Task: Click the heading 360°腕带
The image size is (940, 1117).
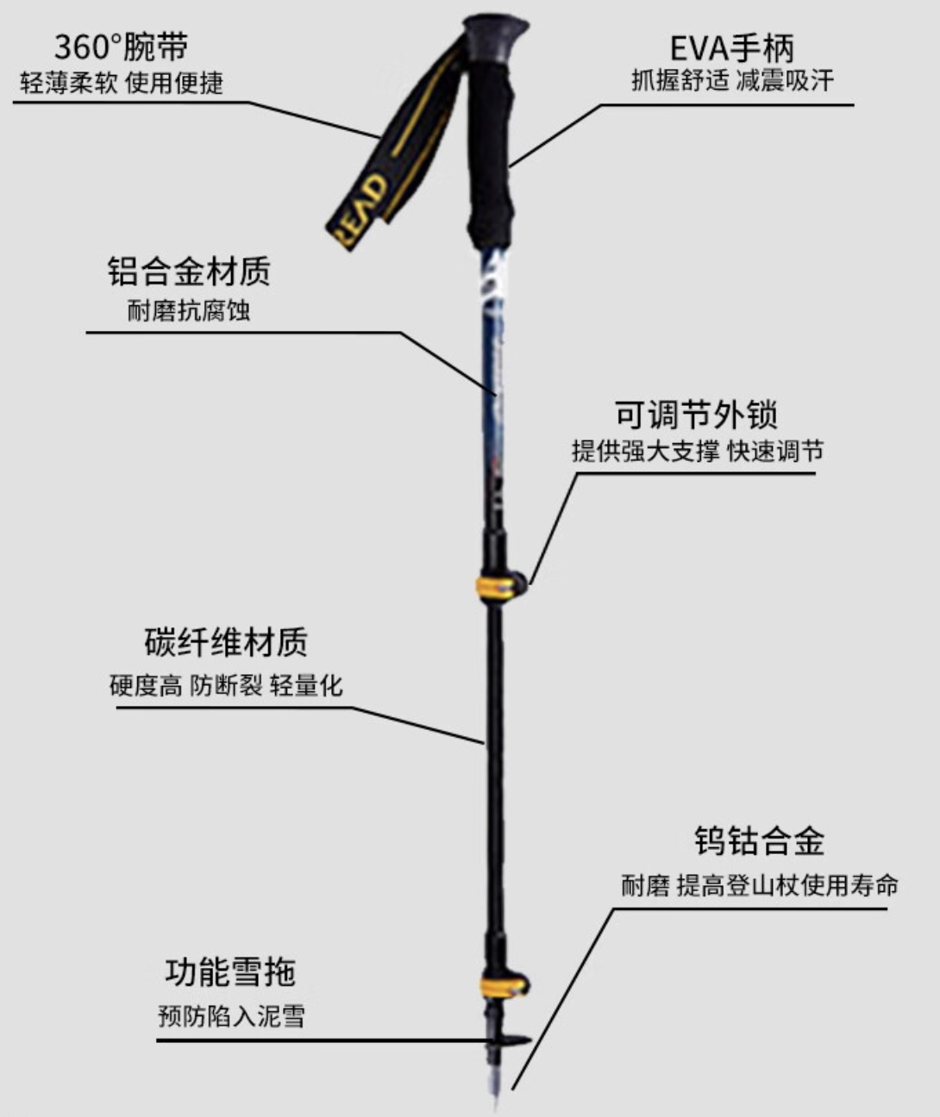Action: pyautogui.click(x=121, y=47)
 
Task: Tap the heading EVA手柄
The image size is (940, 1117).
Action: pyautogui.click(x=731, y=47)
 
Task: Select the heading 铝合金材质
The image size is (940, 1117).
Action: pyautogui.click(x=189, y=271)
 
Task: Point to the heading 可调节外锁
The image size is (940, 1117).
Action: pyautogui.click(x=696, y=414)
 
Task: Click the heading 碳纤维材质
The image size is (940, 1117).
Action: pyautogui.click(x=226, y=642)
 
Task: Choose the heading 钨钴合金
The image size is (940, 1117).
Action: pyautogui.click(x=759, y=841)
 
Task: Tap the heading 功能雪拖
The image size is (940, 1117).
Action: pyautogui.click(x=230, y=972)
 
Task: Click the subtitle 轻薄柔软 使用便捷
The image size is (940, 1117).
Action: pyautogui.click(x=122, y=84)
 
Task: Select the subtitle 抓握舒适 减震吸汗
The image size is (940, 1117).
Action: pyautogui.click(x=732, y=81)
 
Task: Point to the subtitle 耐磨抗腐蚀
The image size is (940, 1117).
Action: pyautogui.click(x=189, y=310)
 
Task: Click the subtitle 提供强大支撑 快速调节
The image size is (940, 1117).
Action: pyautogui.click(x=697, y=451)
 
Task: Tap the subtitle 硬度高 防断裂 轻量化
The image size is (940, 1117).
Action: pyautogui.click(x=226, y=685)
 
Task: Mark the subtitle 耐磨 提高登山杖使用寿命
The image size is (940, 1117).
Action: pyautogui.click(x=760, y=884)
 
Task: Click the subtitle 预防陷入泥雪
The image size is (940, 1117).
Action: pyautogui.click(x=231, y=1015)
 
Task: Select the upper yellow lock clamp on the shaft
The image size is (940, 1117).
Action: pyautogui.click(x=499, y=585)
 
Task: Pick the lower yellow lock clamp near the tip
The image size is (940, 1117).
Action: pyautogui.click(x=504, y=986)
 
